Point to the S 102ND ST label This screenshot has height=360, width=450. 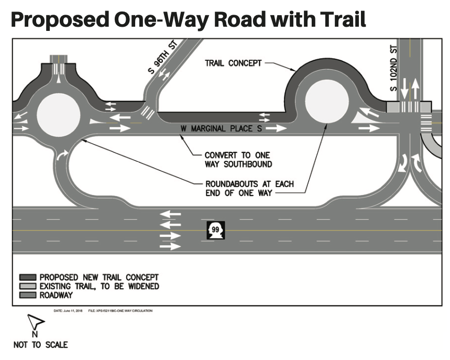point(394,69)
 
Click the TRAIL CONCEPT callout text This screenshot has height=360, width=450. point(233,63)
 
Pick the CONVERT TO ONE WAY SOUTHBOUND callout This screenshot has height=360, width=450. point(238,159)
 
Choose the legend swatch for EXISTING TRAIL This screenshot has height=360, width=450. point(28,286)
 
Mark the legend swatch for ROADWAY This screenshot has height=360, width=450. point(28,295)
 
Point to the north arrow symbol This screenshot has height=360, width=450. point(35,323)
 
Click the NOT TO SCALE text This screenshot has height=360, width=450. point(40,344)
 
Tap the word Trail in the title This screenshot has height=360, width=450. point(334,20)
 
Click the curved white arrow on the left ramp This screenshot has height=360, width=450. point(62,155)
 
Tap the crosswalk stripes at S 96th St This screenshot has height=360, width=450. point(149,112)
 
